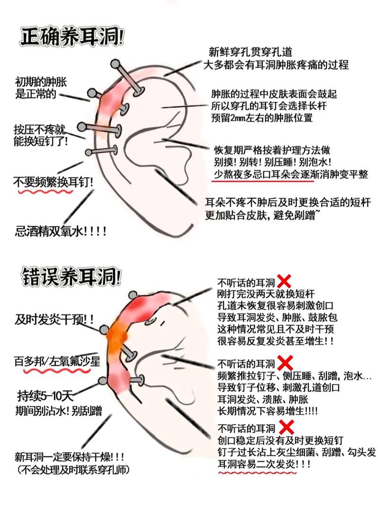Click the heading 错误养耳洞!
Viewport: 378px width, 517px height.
coord(71,276)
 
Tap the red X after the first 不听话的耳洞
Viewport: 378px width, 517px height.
coord(284,281)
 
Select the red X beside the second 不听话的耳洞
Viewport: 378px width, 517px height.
coord(285,363)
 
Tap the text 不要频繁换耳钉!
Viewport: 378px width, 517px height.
coord(53,182)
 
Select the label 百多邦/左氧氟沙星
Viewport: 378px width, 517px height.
coord(57,362)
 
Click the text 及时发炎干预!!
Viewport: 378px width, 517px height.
coord(54,319)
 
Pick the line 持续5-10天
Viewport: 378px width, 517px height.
coord(45,395)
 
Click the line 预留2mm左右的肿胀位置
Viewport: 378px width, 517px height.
coord(262,118)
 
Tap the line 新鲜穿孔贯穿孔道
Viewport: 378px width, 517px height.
coord(250,52)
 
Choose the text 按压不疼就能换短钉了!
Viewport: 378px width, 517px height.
coord(41,135)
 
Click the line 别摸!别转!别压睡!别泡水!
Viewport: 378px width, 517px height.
coord(272,162)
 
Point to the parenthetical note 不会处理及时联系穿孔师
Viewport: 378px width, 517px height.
coord(73,470)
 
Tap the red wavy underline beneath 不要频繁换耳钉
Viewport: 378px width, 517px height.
coord(46,191)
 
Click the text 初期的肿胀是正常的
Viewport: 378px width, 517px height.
coord(41,88)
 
